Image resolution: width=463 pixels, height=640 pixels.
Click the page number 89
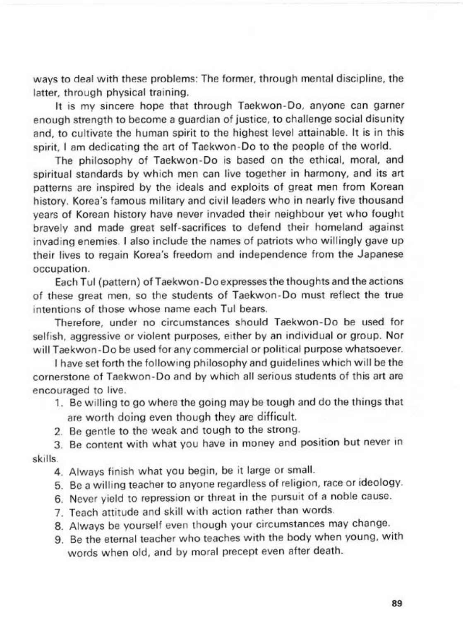pyautogui.click(x=396, y=603)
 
